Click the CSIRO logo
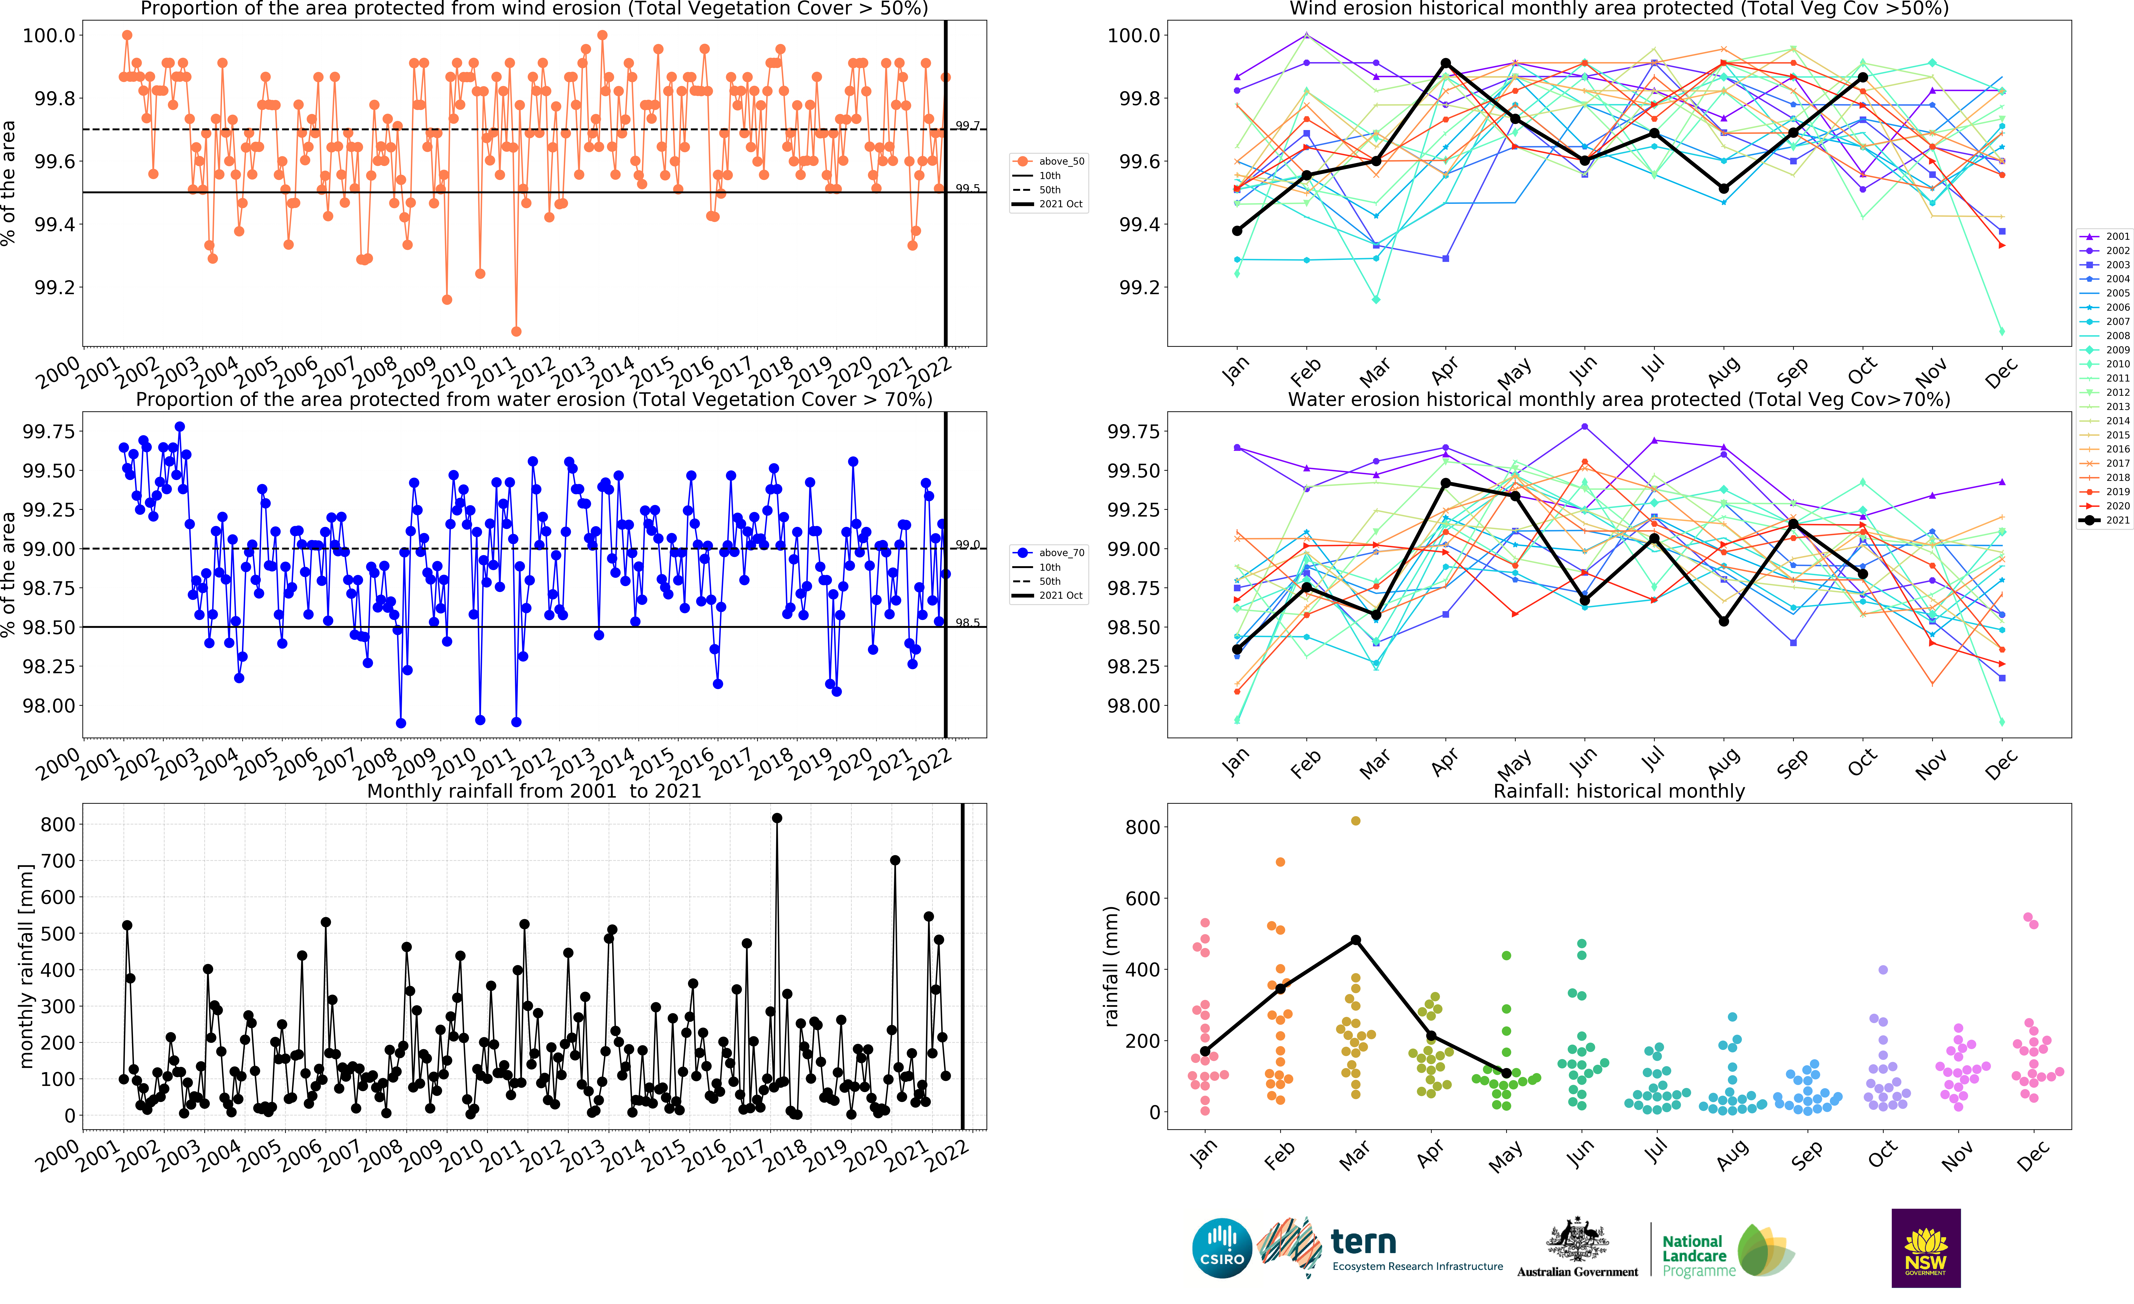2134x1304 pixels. [x=1222, y=1248]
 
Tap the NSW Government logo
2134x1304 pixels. [x=1925, y=1248]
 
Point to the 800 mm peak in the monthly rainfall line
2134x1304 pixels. [x=777, y=818]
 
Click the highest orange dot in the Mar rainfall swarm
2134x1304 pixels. [x=1355, y=821]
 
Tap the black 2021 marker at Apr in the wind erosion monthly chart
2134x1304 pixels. [x=1445, y=63]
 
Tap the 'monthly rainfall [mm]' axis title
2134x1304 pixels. [x=26, y=965]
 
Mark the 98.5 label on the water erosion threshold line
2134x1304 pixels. [x=967, y=623]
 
